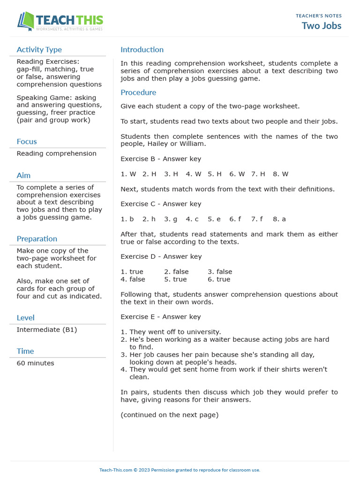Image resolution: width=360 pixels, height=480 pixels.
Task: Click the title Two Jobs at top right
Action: pos(321,26)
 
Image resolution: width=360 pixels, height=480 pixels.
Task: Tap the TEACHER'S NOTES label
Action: pos(318,16)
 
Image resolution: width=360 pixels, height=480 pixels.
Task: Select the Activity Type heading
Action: pos(39,50)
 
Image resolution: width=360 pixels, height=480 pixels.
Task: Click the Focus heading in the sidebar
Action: pos(27,142)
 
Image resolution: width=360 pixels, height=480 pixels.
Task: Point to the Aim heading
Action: pos(23,175)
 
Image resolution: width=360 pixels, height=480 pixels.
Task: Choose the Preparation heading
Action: pos(37,239)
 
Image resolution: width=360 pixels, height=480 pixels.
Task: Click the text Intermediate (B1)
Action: pos(46,330)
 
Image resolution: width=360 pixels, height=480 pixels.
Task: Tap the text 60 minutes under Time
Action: pos(35,363)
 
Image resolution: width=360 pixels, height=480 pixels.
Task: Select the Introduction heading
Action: pos(142,50)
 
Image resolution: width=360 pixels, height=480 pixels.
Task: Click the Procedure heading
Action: pos(138,92)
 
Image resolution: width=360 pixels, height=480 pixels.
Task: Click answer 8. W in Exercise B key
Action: pos(280,174)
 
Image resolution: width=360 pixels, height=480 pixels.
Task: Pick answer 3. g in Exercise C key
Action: pos(171,219)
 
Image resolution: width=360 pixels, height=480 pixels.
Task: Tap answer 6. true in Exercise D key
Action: pos(219,279)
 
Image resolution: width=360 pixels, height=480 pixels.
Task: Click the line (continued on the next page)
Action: pos(169,415)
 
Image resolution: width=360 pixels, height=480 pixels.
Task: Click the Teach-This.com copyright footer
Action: pos(180,470)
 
